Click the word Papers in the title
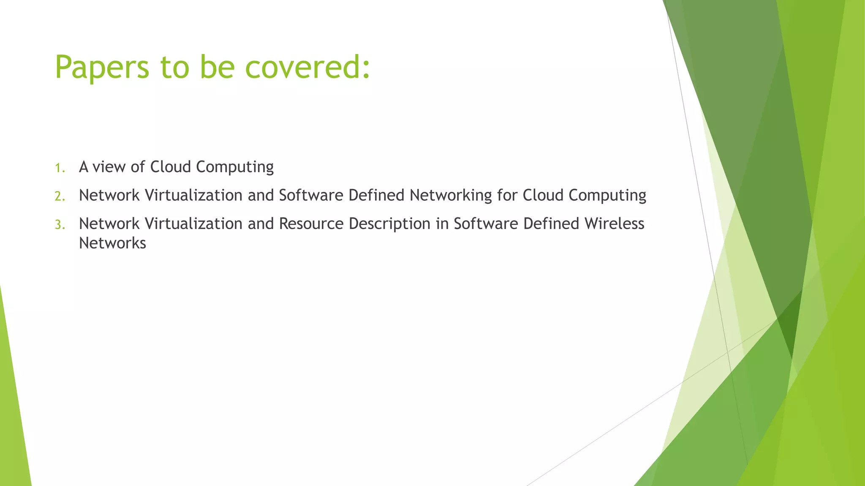click(102, 67)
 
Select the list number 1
click(60, 168)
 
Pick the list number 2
click(60, 196)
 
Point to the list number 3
click(60, 224)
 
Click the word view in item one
click(109, 167)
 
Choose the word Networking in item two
click(451, 196)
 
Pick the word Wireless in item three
click(614, 224)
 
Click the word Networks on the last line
click(112, 243)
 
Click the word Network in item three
click(109, 224)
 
